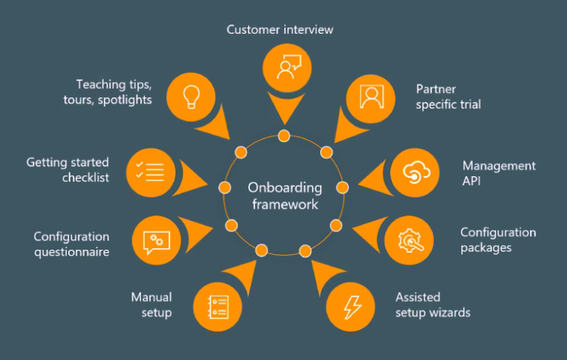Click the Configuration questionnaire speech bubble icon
[x=156, y=239]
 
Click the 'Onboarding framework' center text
[x=283, y=197]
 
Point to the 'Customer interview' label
[x=283, y=30]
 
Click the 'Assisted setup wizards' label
[x=433, y=305]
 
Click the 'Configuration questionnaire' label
[x=71, y=244]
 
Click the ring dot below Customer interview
[x=283, y=136]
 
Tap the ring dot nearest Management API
[x=342, y=186]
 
